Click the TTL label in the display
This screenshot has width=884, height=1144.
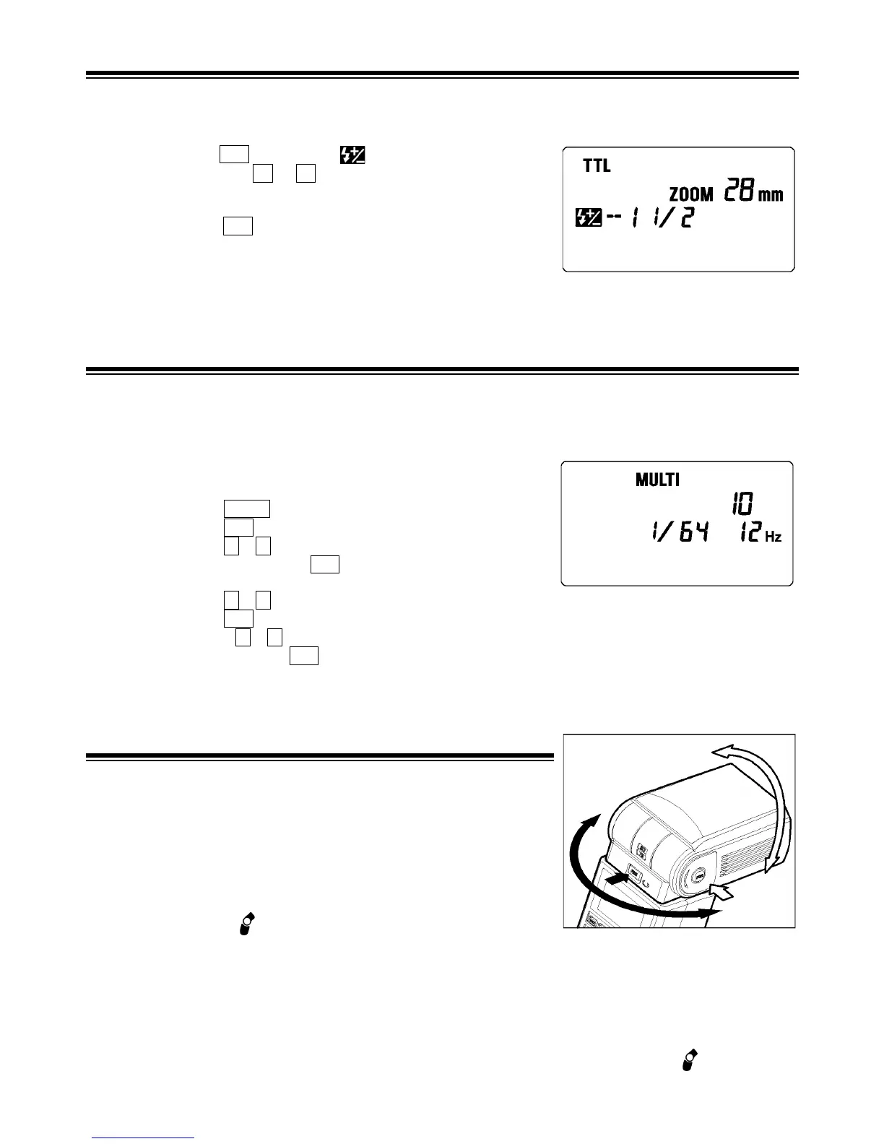[597, 165]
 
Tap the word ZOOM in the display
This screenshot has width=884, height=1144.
[691, 194]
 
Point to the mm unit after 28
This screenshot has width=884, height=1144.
[770, 195]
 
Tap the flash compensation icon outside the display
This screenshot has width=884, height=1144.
[353, 155]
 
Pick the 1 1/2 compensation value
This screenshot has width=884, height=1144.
[661, 217]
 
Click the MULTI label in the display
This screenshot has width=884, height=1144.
[657, 480]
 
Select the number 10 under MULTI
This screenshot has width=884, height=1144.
[740, 504]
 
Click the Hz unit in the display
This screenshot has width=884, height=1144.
[773, 537]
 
